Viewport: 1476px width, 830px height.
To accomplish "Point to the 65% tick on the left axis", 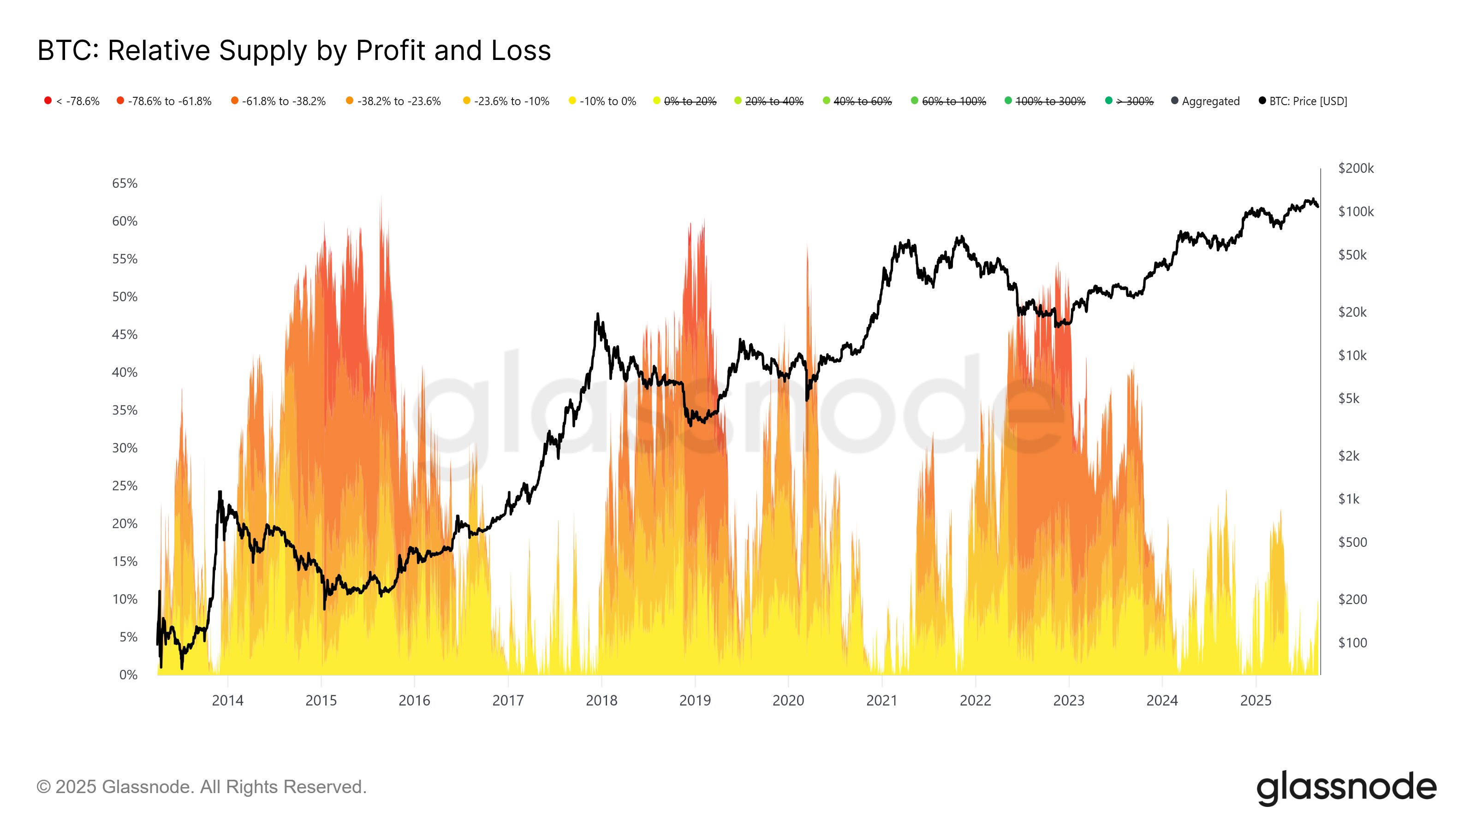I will point(125,184).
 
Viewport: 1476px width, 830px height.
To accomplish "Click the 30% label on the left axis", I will point(125,448).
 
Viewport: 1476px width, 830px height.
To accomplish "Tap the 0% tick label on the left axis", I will point(128,675).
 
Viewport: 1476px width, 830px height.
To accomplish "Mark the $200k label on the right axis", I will point(1356,168).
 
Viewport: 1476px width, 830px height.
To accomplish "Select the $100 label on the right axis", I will point(1352,643).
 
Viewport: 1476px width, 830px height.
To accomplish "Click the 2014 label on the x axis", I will point(227,700).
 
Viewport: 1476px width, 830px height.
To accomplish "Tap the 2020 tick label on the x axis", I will point(788,700).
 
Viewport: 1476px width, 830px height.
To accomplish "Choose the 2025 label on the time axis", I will point(1256,700).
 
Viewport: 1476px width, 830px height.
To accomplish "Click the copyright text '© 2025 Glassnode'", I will point(201,787).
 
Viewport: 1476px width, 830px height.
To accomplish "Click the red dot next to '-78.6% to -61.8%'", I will point(120,101).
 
